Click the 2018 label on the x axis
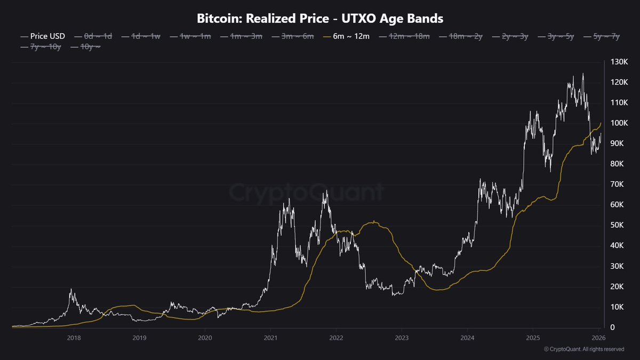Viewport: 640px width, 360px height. [x=74, y=337]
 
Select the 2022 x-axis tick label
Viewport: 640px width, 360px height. [x=336, y=337]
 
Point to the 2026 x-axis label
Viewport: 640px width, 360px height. [x=598, y=337]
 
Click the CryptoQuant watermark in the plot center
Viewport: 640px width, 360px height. [x=307, y=192]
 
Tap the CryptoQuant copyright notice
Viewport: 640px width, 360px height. [x=583, y=349]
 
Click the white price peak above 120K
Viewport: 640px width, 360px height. [x=582, y=75]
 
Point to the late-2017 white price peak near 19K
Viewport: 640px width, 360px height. [x=71, y=289]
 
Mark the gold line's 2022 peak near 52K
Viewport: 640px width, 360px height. [x=375, y=221]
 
